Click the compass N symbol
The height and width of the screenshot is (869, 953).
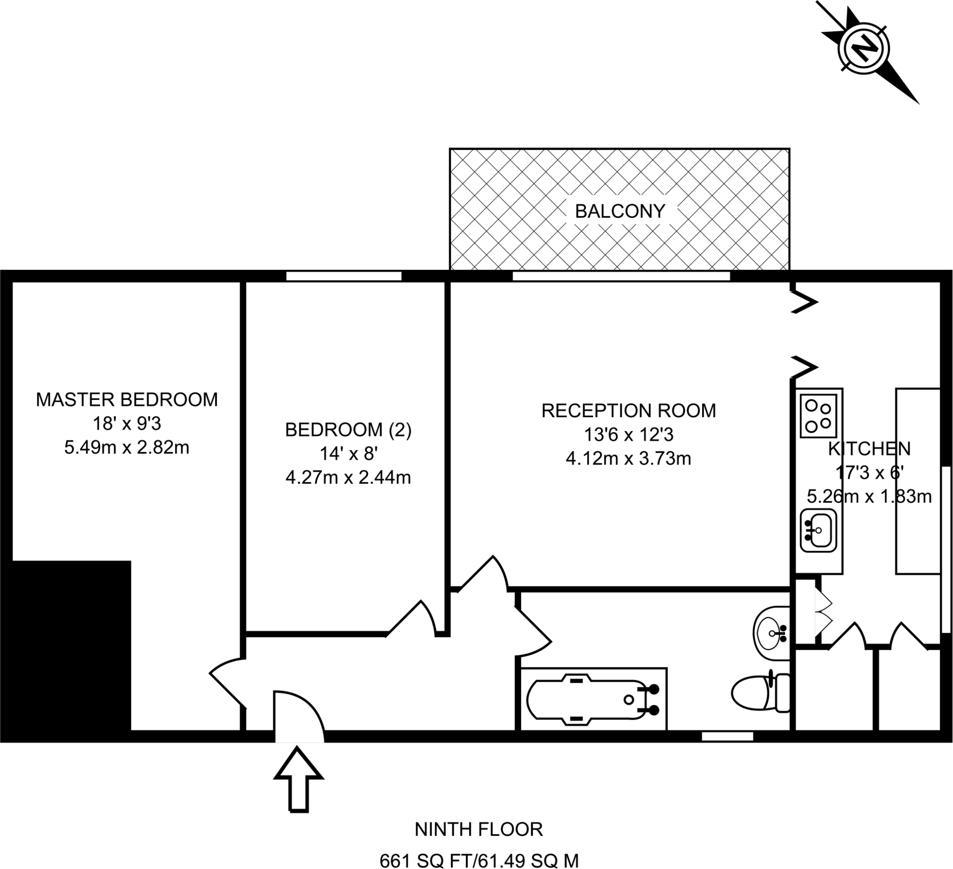tap(864, 49)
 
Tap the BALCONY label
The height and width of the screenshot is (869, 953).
tap(620, 211)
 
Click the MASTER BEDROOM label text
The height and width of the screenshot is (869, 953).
tap(127, 399)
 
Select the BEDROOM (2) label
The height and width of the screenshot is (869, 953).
tap(349, 429)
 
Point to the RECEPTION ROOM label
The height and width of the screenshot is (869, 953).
tap(628, 411)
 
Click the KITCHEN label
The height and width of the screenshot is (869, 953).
tap(869, 448)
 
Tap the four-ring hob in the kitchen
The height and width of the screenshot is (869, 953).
tap(819, 416)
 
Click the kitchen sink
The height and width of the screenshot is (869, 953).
tap(819, 530)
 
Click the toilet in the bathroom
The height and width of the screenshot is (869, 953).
tap(761, 693)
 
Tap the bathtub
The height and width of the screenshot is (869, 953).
tap(594, 699)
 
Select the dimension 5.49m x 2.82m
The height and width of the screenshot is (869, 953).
tap(127, 447)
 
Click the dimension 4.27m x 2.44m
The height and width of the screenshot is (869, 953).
tap(349, 478)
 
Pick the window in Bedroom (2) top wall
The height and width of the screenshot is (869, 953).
tap(344, 276)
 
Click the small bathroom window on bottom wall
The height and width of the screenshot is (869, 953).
tap(727, 736)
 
